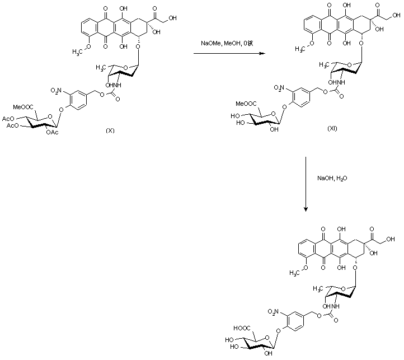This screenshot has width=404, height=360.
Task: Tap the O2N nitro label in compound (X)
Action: (x=58, y=90)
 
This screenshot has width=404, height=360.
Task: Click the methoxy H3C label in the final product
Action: (x=298, y=273)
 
